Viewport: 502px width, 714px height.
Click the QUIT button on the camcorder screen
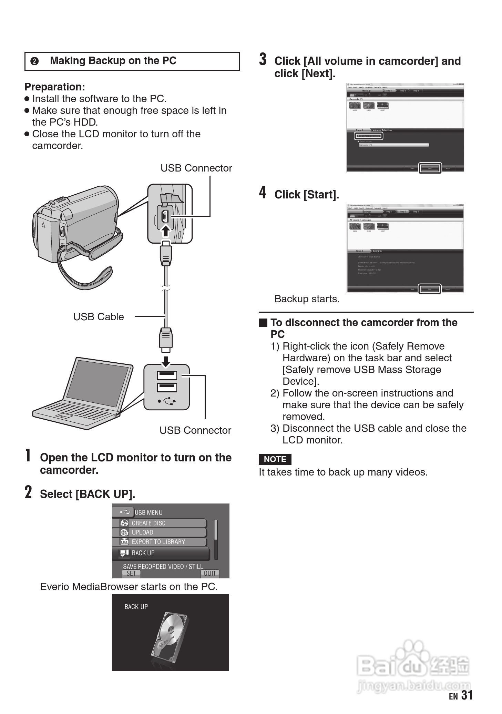209,573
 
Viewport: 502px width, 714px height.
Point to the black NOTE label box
275,459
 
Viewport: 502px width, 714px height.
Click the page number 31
467,695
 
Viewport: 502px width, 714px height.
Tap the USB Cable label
99,317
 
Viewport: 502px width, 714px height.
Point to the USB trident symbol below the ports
167,401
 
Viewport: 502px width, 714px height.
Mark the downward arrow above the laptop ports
166,361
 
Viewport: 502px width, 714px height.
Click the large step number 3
263,59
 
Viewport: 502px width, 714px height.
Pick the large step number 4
263,193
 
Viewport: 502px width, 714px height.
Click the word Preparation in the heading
54,87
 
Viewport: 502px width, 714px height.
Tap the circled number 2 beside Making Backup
34,61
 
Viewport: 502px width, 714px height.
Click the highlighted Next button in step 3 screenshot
430,168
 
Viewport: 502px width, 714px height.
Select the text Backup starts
307,299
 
